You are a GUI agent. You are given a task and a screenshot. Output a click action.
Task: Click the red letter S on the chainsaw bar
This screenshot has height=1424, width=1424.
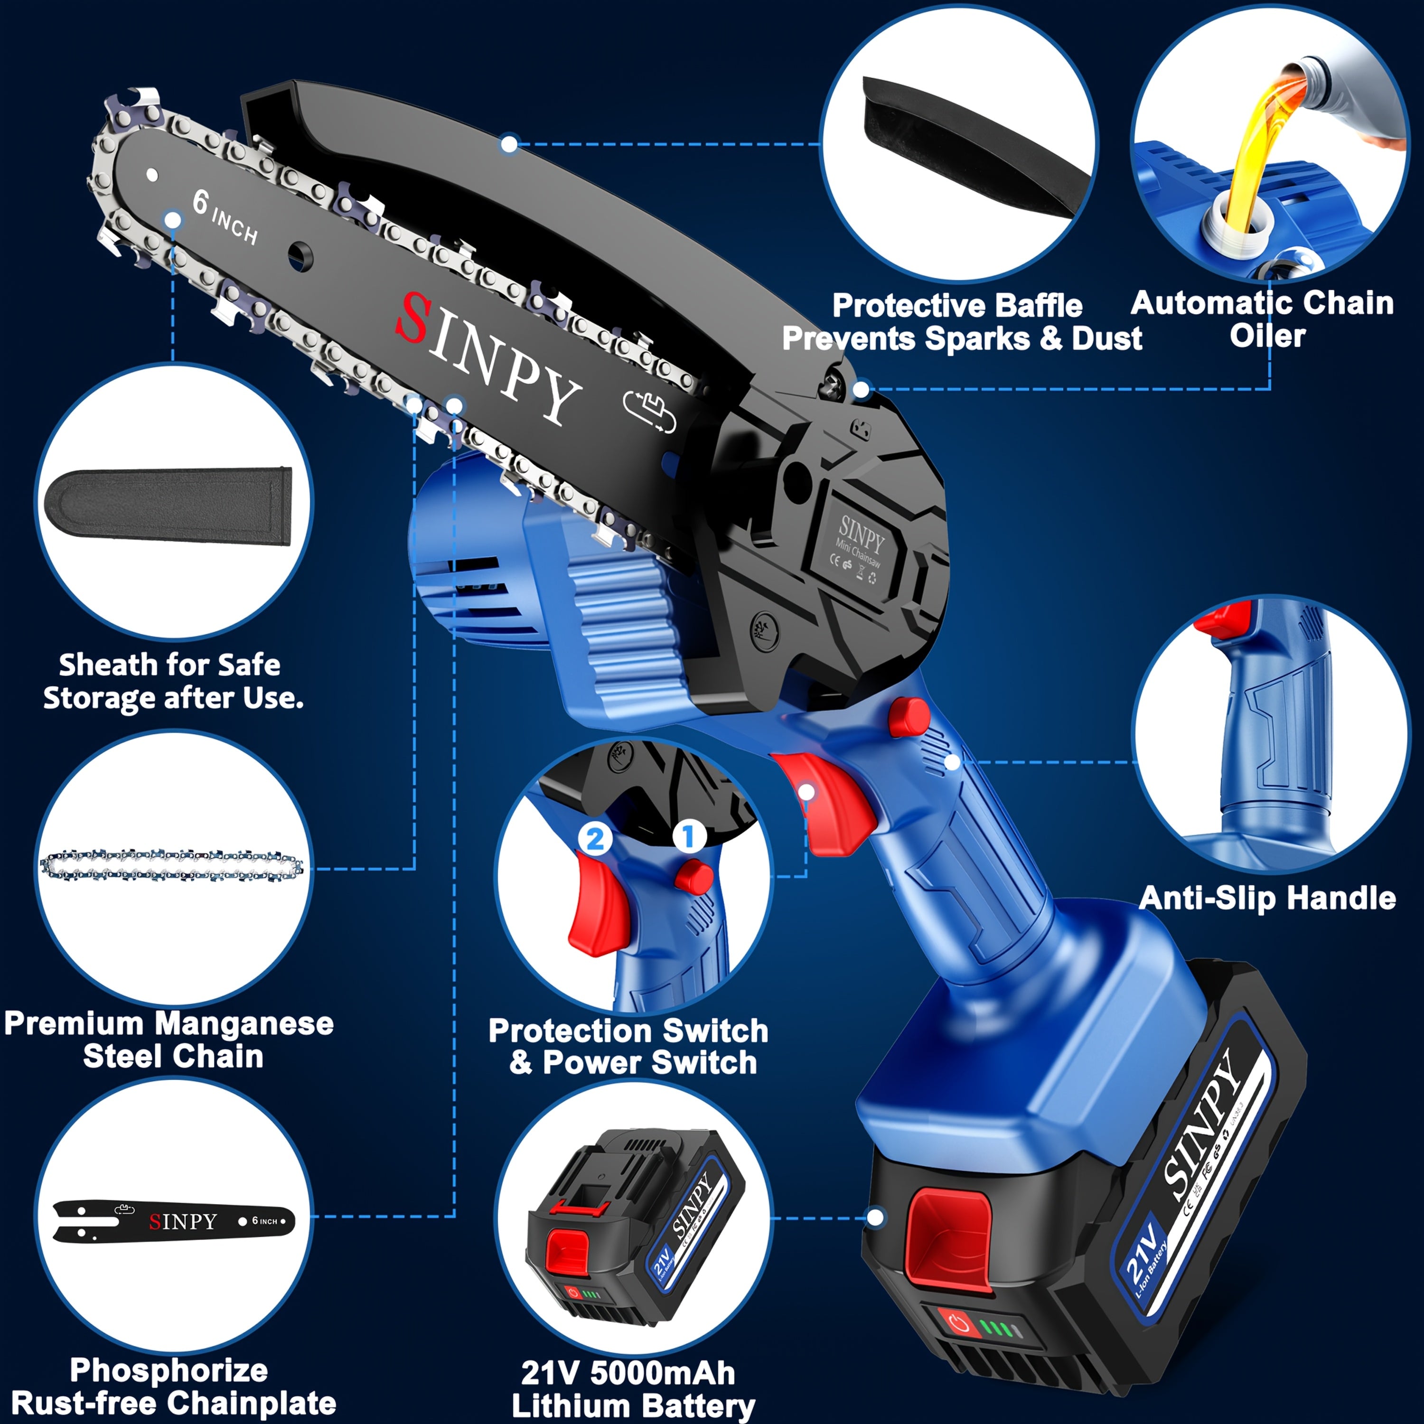(415, 318)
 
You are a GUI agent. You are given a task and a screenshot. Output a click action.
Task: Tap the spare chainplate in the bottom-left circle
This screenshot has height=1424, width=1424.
(173, 1221)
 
